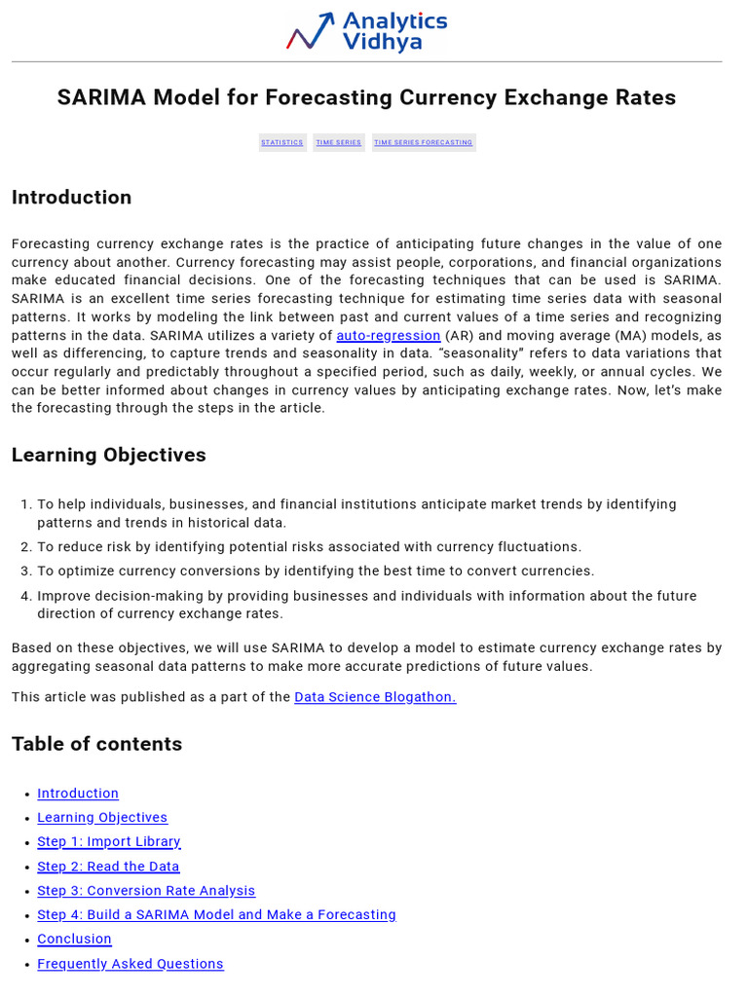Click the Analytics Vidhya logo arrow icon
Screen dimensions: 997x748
(311, 31)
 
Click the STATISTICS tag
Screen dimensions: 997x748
(282, 142)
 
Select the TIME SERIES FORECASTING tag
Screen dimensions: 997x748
(424, 142)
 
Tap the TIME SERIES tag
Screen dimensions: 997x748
(339, 142)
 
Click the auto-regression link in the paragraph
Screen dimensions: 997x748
(389, 336)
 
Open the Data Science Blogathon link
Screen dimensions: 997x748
(375, 697)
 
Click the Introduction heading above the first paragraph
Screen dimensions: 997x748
(71, 198)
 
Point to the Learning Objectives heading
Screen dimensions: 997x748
(109, 455)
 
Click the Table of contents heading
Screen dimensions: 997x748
(96, 744)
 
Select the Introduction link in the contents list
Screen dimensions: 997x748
(78, 794)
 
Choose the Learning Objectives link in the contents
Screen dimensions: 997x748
(102, 818)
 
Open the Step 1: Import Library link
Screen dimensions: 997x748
(109, 842)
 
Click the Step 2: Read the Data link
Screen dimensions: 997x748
(108, 867)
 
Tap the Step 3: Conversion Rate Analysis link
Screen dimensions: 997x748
(146, 891)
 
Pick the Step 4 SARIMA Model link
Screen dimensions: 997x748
(216, 915)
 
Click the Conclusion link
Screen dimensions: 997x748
(74, 940)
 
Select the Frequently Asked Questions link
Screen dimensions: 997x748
(131, 964)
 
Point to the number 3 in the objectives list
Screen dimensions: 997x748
(25, 572)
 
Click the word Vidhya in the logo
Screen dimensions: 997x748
(382, 42)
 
